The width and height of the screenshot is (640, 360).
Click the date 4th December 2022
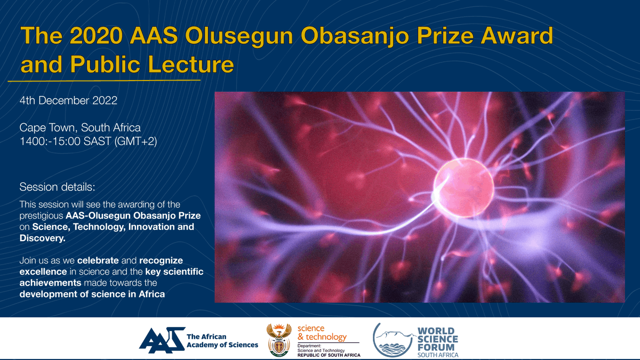click(68, 100)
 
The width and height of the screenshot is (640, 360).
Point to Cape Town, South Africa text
click(80, 128)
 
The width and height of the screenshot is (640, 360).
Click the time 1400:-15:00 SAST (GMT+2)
click(88, 142)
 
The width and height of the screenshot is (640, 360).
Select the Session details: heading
click(57, 187)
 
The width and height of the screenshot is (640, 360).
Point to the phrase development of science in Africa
click(92, 294)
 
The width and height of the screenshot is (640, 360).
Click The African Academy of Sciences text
click(222, 341)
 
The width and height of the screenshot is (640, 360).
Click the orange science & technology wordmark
click(322, 333)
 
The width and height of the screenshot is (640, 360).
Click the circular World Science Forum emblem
click(393, 340)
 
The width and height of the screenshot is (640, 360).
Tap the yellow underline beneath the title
click(104, 81)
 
